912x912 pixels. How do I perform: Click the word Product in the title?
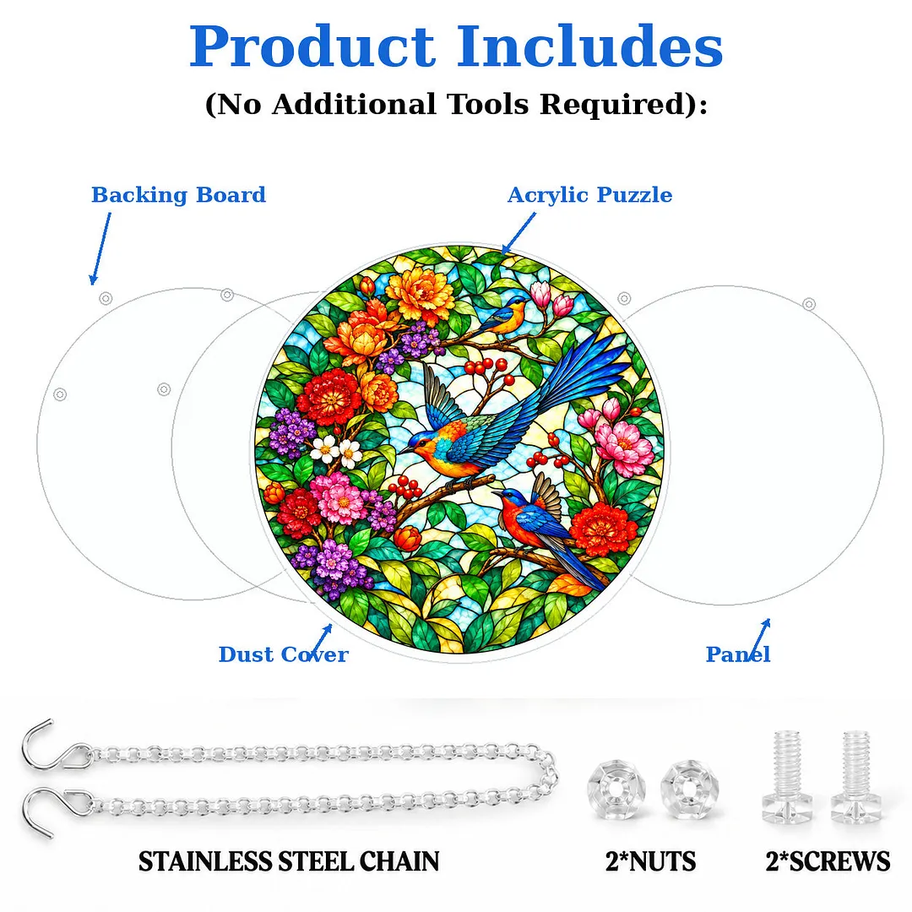tap(312, 46)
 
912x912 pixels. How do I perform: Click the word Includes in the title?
tap(589, 46)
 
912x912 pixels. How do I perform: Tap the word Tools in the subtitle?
tap(488, 105)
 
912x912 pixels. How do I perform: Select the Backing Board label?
tap(178, 195)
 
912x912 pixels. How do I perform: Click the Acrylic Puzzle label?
tap(589, 195)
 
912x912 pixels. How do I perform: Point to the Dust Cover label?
tap(283, 654)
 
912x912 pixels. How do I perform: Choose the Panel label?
tap(738, 654)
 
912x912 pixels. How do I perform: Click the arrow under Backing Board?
tap(100, 248)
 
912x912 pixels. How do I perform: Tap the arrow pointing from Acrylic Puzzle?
tap(518, 233)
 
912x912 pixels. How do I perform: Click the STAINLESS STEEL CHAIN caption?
tap(289, 861)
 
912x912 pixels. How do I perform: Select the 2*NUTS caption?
tap(650, 861)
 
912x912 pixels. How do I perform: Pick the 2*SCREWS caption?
tap(828, 861)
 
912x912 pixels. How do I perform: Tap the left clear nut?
tap(617, 790)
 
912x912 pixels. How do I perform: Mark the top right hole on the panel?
tap(809, 304)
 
